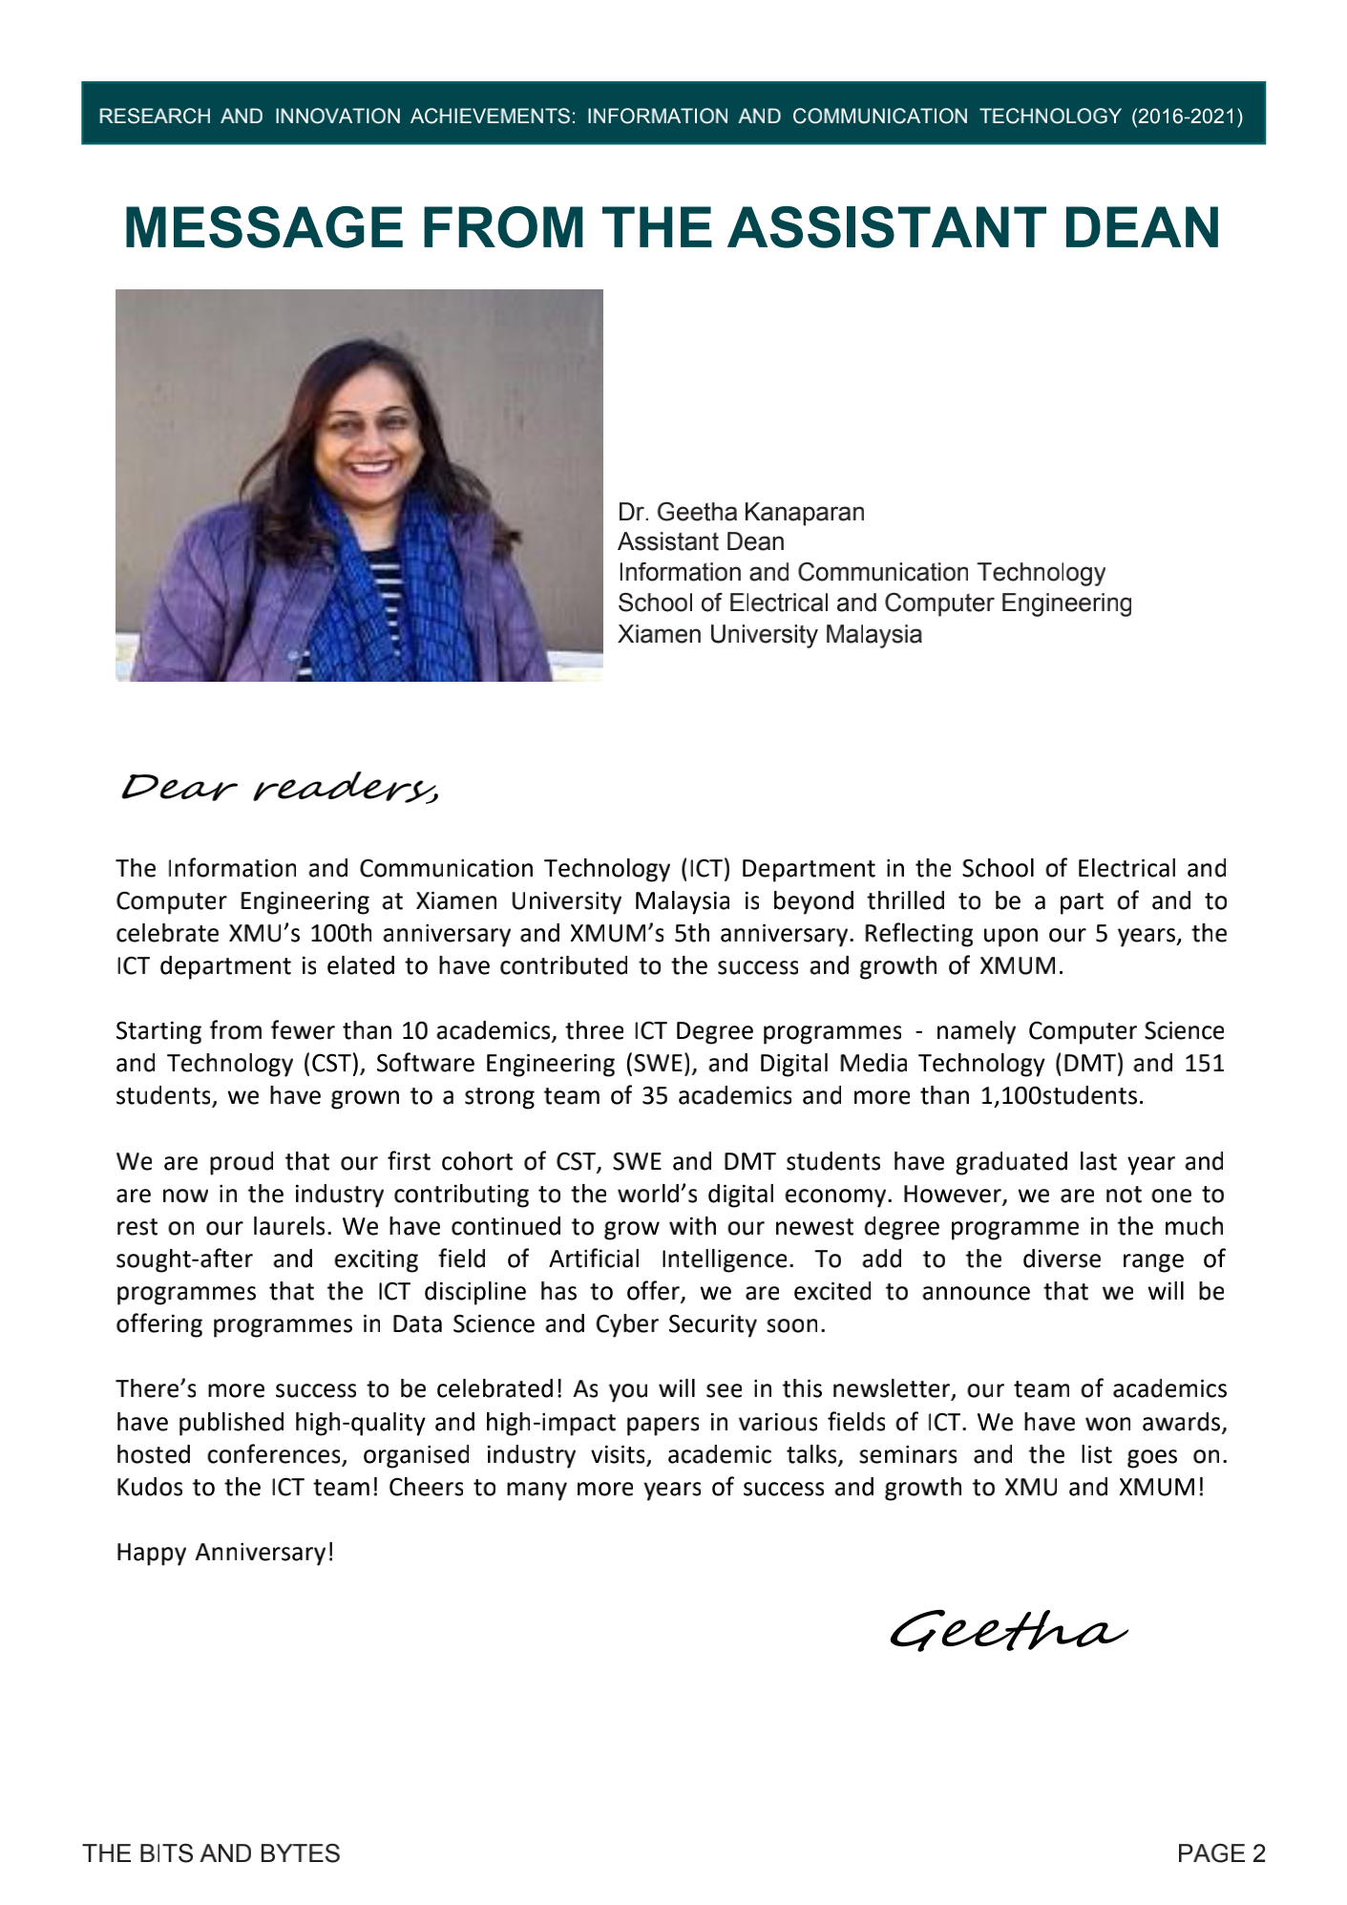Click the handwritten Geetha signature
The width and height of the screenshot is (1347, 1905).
point(1008,1630)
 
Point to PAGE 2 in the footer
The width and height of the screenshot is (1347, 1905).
point(1221,1853)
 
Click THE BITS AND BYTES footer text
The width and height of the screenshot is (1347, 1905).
point(211,1853)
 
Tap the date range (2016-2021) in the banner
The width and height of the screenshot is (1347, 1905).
point(1187,116)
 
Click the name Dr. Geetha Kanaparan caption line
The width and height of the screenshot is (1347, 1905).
point(741,513)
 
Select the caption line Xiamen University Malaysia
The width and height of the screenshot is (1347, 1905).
point(769,634)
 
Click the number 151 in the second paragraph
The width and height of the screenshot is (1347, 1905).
point(1204,1063)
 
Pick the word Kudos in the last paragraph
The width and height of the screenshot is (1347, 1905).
point(149,1487)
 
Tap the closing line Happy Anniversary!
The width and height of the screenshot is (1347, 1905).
point(225,1552)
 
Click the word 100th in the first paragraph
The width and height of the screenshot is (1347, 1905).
point(342,933)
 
